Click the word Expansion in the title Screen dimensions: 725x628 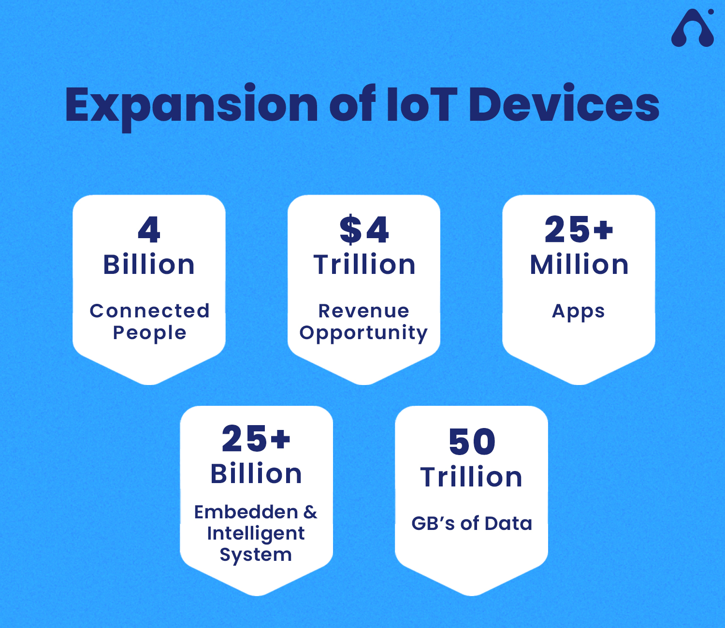point(191,107)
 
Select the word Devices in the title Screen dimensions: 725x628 point(564,103)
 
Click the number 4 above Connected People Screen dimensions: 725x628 point(149,229)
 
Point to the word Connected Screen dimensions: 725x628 point(149,311)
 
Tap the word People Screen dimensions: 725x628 point(149,333)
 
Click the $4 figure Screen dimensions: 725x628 point(364,229)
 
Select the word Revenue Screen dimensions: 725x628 point(364,311)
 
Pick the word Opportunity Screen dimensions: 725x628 point(363,333)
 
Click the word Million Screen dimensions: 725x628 point(579,265)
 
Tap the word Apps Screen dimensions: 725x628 point(579,312)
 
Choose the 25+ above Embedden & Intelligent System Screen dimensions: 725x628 point(256,438)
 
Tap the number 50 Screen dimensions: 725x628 point(472,442)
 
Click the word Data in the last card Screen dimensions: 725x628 point(508,524)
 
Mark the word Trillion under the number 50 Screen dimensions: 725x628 point(471,477)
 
